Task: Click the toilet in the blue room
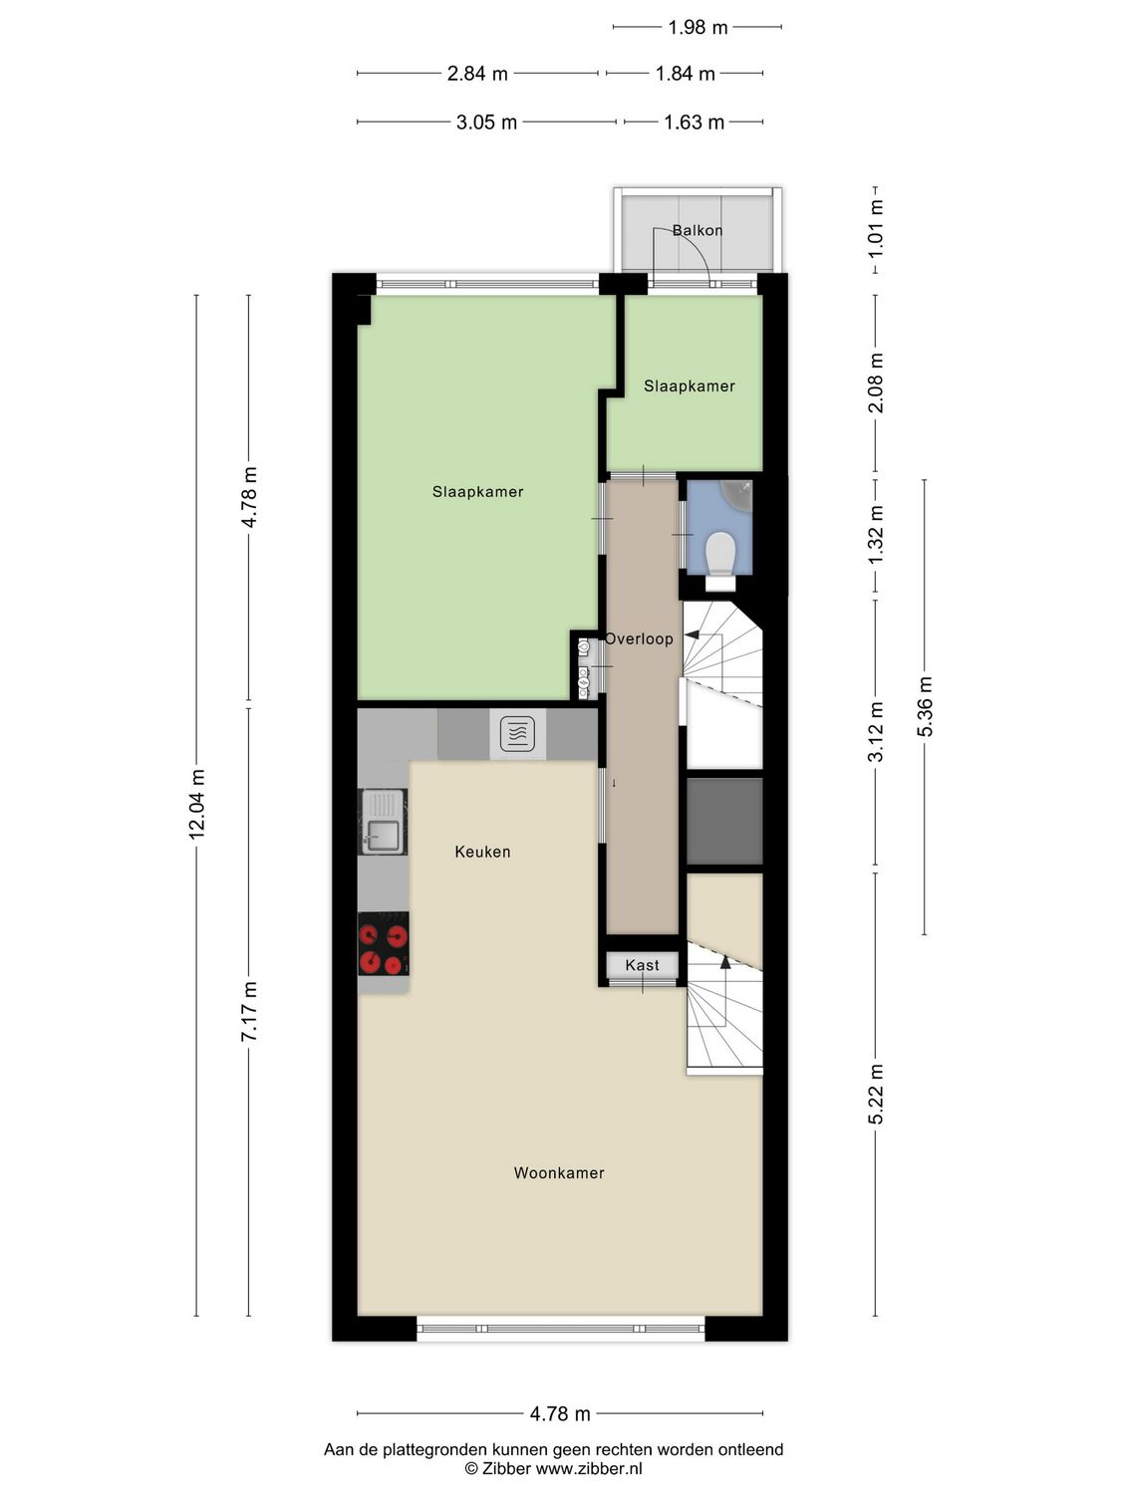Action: (719, 551)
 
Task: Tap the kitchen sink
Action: (383, 822)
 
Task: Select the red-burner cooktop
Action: (384, 944)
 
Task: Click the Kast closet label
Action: (642, 965)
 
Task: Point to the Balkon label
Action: (698, 230)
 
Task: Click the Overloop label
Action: (640, 638)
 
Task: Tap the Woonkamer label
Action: (559, 1173)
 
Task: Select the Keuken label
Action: (482, 852)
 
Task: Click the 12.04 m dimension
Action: (197, 804)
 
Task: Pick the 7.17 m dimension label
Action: (249, 1011)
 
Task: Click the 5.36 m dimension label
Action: (925, 706)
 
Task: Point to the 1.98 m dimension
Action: (698, 27)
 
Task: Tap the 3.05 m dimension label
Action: (486, 123)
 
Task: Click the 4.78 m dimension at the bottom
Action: (559, 1413)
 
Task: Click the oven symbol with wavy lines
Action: (517, 734)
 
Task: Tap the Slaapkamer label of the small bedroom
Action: (689, 386)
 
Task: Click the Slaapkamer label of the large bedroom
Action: (477, 492)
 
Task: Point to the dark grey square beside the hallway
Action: (724, 821)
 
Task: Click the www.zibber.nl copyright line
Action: (553, 1468)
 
